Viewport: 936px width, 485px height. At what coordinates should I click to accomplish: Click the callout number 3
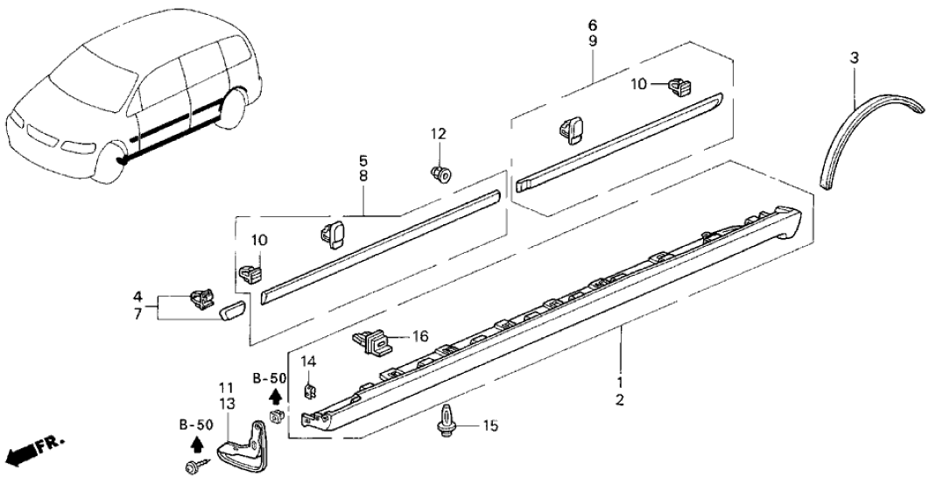(x=855, y=58)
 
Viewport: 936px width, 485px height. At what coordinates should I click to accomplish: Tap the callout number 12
(x=438, y=134)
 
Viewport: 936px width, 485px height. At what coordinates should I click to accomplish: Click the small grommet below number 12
(x=440, y=173)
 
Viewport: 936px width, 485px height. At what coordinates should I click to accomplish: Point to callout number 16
(x=420, y=336)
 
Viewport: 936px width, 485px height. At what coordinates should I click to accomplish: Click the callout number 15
(x=490, y=426)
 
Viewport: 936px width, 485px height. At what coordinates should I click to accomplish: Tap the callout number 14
(x=308, y=361)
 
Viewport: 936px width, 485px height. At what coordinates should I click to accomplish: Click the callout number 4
(x=137, y=295)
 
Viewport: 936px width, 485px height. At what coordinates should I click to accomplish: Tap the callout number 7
(x=137, y=313)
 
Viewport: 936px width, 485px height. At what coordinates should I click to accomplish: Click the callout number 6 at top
(x=593, y=25)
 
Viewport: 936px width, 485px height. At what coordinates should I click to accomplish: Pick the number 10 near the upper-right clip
(x=639, y=83)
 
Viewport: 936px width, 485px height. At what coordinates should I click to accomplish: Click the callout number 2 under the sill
(x=620, y=400)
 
